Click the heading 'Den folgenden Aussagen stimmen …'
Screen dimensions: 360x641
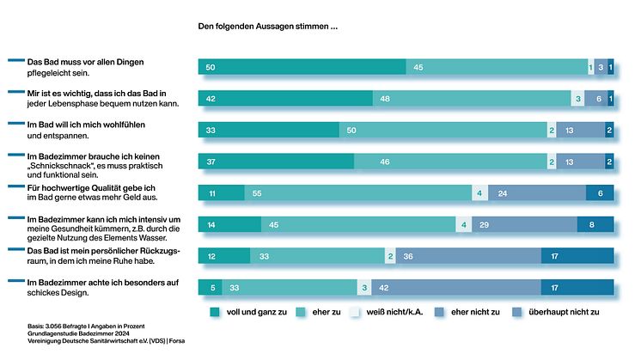267,27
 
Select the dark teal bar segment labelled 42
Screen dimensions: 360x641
284,99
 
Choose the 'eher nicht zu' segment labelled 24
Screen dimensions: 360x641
537,194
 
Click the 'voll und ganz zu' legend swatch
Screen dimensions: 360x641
215,311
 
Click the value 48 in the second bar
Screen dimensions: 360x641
385,99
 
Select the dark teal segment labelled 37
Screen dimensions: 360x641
275,162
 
